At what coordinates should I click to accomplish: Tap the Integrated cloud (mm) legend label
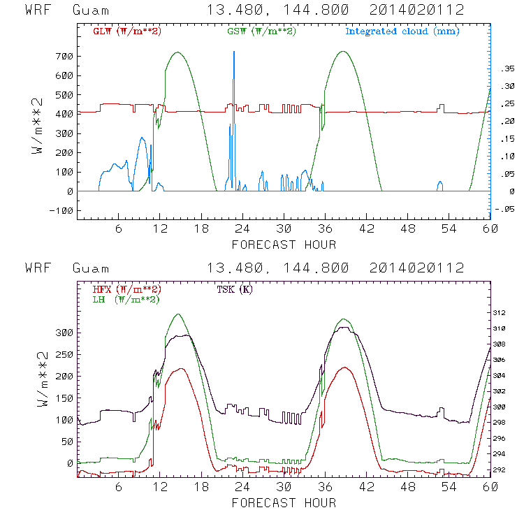point(402,31)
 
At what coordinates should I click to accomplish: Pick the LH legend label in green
point(126,299)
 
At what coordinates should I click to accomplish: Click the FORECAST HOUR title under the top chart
point(283,245)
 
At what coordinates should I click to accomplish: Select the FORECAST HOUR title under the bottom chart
point(283,503)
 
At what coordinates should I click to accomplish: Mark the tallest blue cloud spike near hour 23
point(234,53)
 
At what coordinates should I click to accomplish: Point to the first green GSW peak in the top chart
point(177,52)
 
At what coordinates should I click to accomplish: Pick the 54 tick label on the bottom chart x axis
point(449,488)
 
